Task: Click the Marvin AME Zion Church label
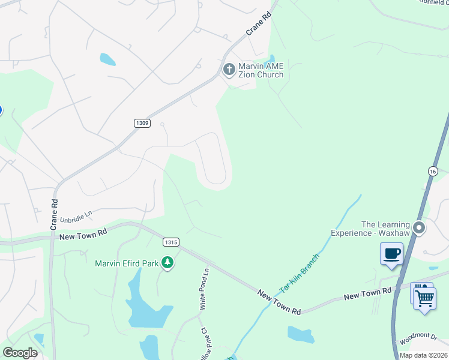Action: coord(261,70)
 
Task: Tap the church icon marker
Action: coord(229,70)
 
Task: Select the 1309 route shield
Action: coord(141,122)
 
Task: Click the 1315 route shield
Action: coord(170,242)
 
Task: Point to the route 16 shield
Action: coord(433,171)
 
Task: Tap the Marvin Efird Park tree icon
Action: coord(168,263)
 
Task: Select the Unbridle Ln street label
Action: coord(77,215)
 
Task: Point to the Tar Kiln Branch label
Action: coord(300,272)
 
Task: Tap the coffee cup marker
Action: coord(391,253)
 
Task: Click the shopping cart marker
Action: coord(425,297)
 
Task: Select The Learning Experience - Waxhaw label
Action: coord(385,229)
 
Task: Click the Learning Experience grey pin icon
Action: coord(420,228)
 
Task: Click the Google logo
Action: coord(20,353)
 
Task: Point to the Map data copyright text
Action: coord(423,355)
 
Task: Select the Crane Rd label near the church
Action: coord(259,25)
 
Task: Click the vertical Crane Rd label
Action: coord(54,214)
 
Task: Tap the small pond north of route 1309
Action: coord(107,59)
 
